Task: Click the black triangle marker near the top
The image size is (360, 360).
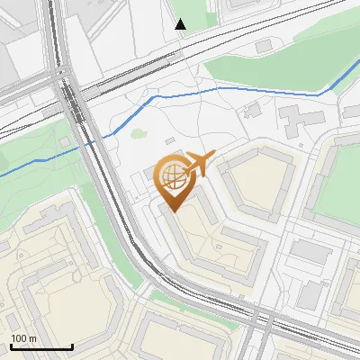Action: click(x=181, y=24)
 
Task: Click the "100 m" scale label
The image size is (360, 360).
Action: click(x=23, y=338)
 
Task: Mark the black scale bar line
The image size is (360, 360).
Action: click(x=41, y=346)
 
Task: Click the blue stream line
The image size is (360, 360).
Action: click(x=243, y=89)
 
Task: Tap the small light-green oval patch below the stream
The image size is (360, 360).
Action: click(x=138, y=134)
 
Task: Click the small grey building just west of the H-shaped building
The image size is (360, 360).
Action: click(x=252, y=112)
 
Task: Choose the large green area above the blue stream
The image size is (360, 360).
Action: click(x=270, y=63)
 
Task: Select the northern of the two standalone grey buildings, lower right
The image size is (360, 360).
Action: click(x=311, y=253)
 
